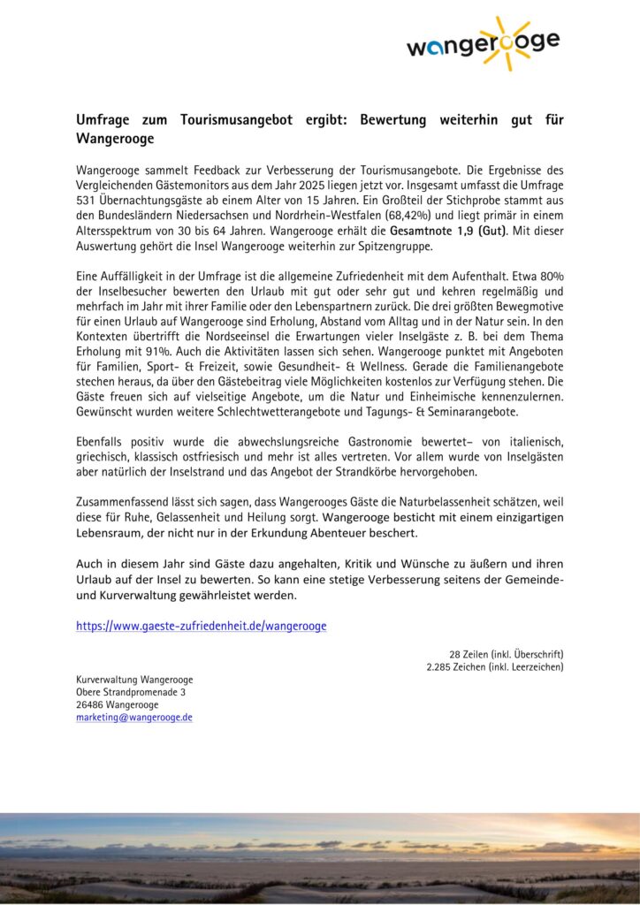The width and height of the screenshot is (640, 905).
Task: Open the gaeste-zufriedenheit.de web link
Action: click(x=201, y=626)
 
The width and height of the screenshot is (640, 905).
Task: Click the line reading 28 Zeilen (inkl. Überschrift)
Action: click(x=507, y=654)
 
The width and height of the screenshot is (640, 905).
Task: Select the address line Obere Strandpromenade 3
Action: click(x=131, y=692)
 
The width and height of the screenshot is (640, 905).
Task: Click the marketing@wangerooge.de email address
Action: click(x=133, y=717)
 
